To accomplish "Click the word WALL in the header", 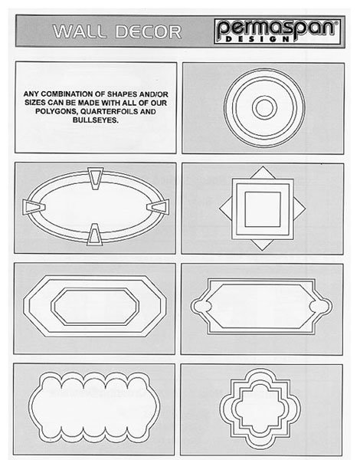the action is coord(80,31).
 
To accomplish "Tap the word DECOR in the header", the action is coord(149,31).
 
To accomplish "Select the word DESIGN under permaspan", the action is coord(257,39).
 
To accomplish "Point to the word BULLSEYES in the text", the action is coord(96,120).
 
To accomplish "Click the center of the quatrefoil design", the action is coord(260,409).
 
